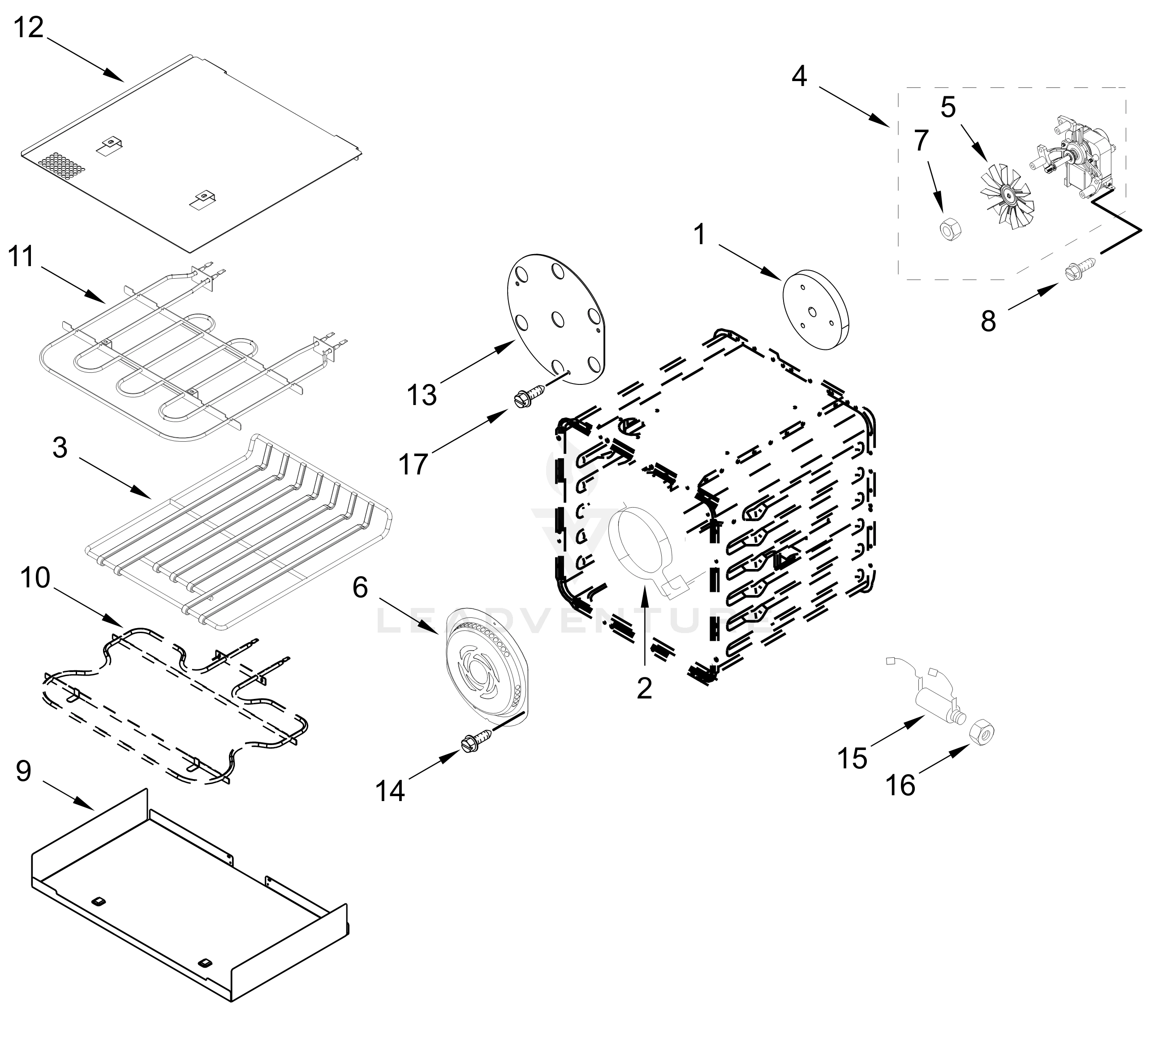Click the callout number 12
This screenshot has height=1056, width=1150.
[x=29, y=27]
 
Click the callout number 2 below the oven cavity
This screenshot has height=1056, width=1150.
[x=644, y=688]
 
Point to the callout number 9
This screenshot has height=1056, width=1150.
[x=23, y=772]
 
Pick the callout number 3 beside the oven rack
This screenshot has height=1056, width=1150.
[x=60, y=448]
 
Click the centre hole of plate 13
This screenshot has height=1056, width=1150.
[x=556, y=318]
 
